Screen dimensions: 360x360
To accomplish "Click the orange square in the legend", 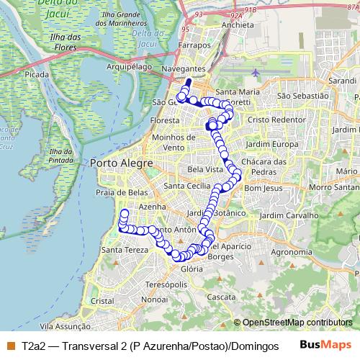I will (10, 346).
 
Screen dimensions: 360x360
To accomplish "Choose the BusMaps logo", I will (325, 346).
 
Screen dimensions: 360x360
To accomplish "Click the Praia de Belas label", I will (122, 192).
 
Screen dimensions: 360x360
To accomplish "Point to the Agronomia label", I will (290, 252).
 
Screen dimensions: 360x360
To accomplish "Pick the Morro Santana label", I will (334, 188).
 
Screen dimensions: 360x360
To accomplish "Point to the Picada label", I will (35, 73).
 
